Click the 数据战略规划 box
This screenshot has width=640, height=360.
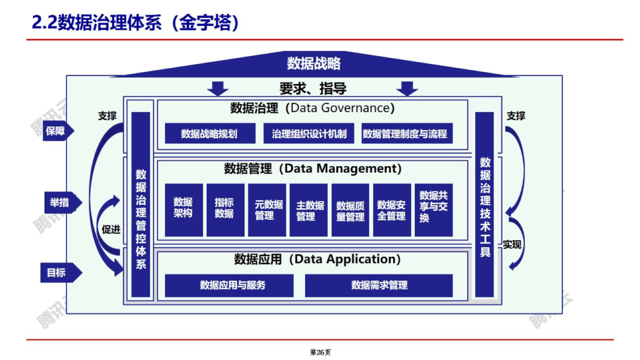click(209, 133)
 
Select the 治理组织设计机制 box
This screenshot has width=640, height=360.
click(309, 133)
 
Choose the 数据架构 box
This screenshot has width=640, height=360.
click(183, 209)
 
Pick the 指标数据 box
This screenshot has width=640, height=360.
click(225, 209)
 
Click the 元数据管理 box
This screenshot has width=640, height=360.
click(267, 209)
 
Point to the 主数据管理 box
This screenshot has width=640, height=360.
click(308, 209)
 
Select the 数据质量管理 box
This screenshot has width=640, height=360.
click(350, 209)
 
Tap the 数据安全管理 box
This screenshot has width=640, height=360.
click(391, 209)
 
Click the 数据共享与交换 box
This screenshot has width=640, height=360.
click(433, 209)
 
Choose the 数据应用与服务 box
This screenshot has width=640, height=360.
click(229, 285)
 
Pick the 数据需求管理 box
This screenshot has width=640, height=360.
click(379, 285)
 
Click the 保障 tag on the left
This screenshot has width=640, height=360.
click(57, 131)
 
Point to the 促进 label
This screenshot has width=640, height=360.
click(111, 229)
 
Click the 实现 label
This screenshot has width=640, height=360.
click(512, 244)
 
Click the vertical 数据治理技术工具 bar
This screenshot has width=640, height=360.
click(484, 205)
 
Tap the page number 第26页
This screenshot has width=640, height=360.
click(320, 352)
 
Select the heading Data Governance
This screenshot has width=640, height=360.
click(342, 107)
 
